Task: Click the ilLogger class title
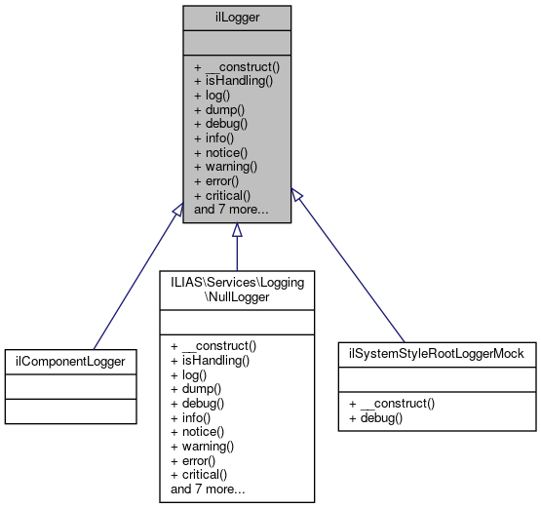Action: (x=236, y=17)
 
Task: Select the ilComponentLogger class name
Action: (x=69, y=361)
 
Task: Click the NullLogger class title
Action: (x=237, y=289)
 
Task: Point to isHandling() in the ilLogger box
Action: (x=234, y=81)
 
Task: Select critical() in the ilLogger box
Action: (x=226, y=195)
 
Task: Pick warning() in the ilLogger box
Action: (x=227, y=167)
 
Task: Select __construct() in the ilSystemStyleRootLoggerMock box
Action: (x=401, y=403)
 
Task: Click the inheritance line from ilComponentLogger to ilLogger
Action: (x=136, y=278)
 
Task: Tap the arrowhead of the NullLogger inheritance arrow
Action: (x=237, y=231)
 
